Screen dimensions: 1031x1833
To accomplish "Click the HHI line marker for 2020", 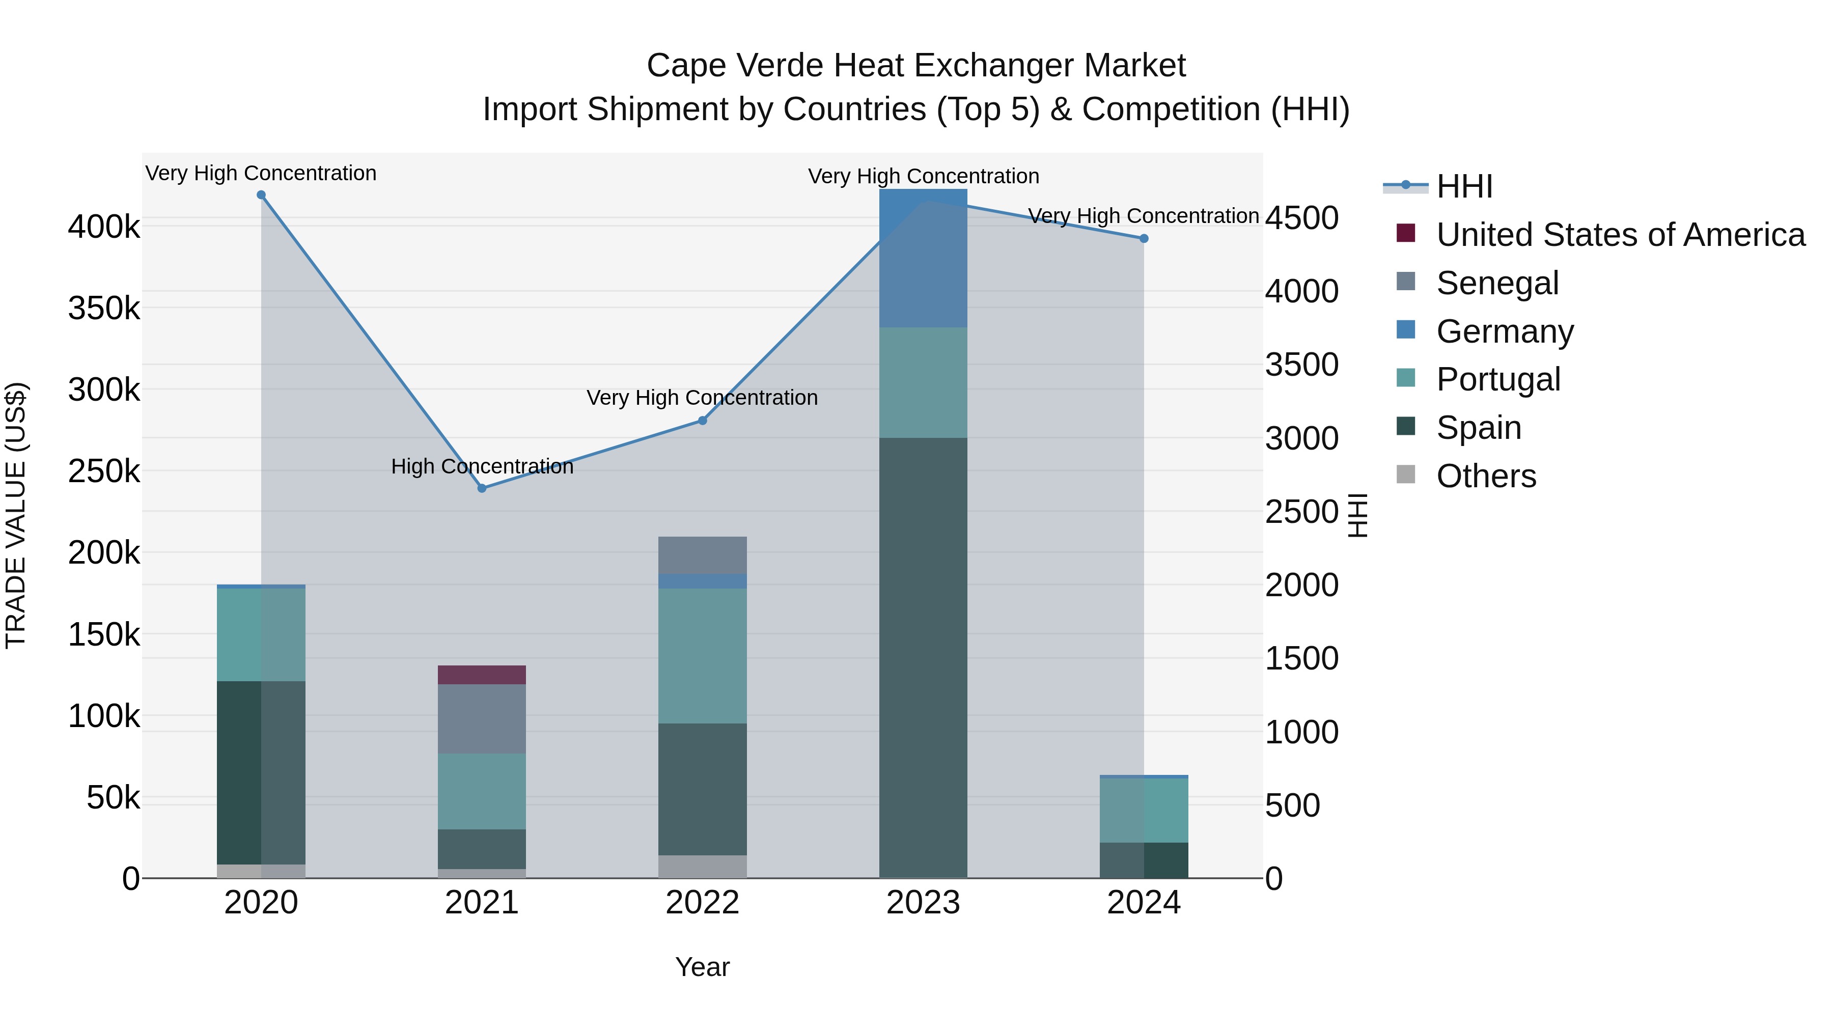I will pos(261,195).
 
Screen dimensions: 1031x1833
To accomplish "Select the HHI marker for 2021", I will pos(482,488).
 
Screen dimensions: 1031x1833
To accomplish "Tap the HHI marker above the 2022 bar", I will pos(702,421).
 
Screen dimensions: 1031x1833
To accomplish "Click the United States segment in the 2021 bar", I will pos(482,675).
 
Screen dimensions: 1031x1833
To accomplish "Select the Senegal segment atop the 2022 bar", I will pos(702,555).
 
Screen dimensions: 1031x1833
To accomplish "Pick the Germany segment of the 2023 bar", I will pos(923,258).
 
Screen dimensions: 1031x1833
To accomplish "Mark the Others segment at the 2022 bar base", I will pos(702,866).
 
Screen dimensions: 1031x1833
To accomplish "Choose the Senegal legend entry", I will pos(1497,283).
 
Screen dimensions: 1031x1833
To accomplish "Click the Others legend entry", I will pos(1486,476).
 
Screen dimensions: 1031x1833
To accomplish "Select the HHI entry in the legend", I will pos(1464,186).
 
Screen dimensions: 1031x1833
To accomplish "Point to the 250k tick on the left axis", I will pos(104,471).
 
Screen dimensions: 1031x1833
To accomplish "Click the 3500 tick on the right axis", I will pos(1301,365).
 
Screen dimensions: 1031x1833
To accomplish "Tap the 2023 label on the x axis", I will pos(923,903).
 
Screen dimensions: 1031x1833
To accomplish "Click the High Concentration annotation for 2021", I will pos(482,467).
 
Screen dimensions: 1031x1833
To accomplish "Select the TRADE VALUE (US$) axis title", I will pos(16,515).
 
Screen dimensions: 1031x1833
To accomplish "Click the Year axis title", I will pos(702,967).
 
